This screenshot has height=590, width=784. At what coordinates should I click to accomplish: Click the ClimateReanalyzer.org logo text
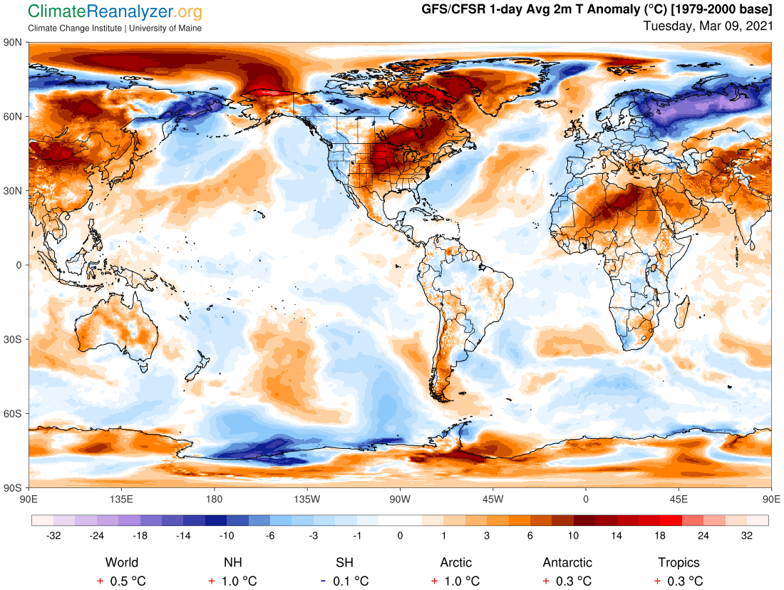click(x=115, y=12)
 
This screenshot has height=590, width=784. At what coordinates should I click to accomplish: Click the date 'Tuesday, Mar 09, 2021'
click(x=707, y=26)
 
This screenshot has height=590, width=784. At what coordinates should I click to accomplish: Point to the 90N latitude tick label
click(x=14, y=42)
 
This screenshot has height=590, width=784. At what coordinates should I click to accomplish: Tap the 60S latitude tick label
click(x=14, y=413)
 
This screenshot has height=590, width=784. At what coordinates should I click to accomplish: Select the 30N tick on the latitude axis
click(x=14, y=191)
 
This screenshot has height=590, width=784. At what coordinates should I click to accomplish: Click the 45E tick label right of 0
click(x=679, y=499)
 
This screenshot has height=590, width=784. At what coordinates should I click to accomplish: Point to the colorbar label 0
click(x=400, y=535)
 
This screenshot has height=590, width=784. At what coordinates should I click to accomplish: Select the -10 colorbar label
click(x=227, y=535)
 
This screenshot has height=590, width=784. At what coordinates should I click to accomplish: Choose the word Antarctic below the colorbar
click(x=567, y=563)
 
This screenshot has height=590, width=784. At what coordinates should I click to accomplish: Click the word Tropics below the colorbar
click(x=679, y=563)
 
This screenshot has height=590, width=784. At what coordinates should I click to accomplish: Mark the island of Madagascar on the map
click(x=682, y=311)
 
